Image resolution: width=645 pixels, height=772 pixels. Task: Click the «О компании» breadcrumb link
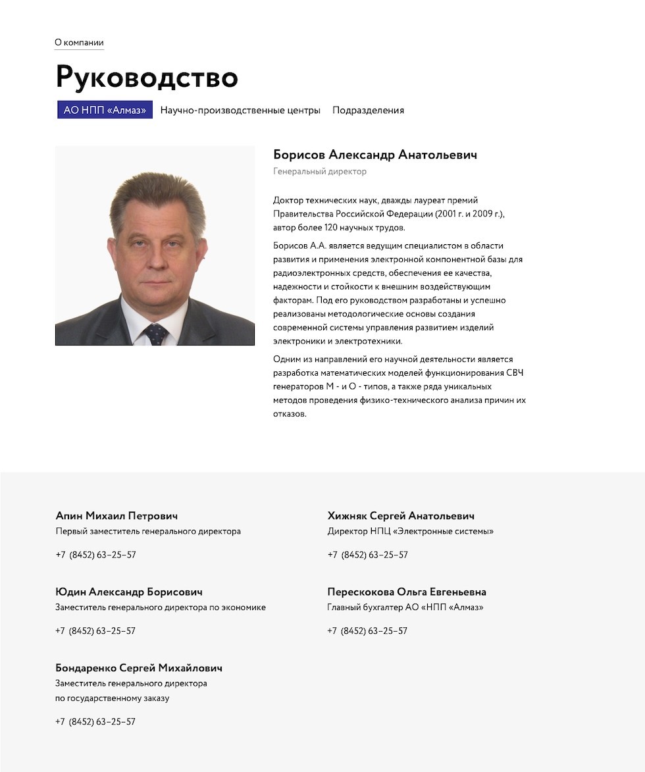(x=79, y=43)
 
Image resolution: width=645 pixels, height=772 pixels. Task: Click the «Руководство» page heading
(x=146, y=77)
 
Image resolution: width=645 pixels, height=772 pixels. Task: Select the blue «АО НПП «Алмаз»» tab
(x=105, y=110)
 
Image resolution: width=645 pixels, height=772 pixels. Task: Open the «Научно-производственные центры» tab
(x=240, y=110)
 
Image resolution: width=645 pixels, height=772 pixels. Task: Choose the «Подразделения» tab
(x=368, y=110)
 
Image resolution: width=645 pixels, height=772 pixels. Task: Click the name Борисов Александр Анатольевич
(x=374, y=155)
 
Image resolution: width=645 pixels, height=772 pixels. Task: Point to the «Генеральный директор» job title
(x=320, y=172)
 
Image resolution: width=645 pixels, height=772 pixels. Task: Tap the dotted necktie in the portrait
(x=156, y=334)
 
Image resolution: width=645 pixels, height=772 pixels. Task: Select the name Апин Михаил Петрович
(x=116, y=516)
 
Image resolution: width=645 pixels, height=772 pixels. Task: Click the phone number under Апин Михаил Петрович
(x=96, y=555)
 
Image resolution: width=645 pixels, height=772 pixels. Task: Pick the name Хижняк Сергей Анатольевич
(x=401, y=516)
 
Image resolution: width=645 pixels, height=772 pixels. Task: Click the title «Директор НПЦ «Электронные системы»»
(x=410, y=531)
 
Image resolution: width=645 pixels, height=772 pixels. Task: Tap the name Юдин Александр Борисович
(x=129, y=592)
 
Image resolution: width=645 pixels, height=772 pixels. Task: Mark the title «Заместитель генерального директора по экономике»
(x=161, y=607)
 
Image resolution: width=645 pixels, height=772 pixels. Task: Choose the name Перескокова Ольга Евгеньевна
(x=407, y=592)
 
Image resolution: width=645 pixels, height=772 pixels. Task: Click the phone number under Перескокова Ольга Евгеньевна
(x=367, y=630)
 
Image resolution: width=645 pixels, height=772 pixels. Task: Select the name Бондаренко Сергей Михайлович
(x=139, y=668)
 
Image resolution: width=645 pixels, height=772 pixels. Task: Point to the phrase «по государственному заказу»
(x=113, y=698)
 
